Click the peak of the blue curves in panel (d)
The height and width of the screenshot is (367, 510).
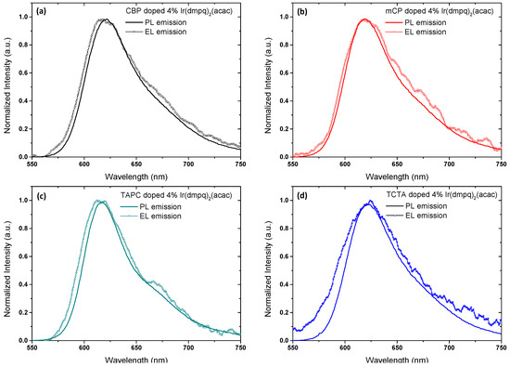coord(371,201)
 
